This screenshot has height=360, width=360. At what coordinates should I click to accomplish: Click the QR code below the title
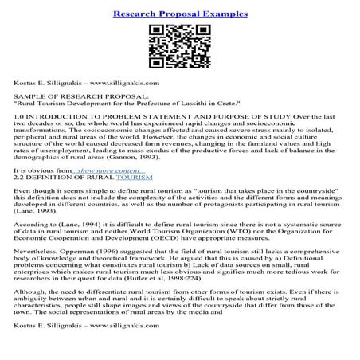179,45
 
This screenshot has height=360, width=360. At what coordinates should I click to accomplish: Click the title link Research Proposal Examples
179,14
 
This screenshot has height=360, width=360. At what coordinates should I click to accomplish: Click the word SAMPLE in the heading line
29,95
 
